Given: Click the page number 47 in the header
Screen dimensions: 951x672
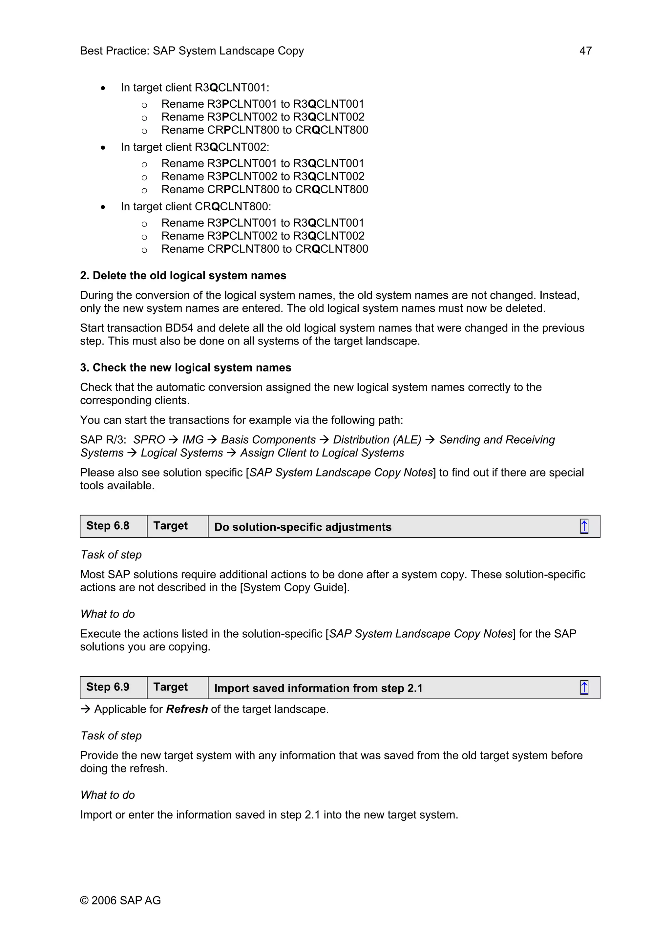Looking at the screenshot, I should pyautogui.click(x=585, y=51).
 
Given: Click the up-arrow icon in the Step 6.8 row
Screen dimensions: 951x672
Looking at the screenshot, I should pyautogui.click(x=584, y=526).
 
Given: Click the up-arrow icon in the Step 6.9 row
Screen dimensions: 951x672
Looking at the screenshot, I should pyautogui.click(x=584, y=687).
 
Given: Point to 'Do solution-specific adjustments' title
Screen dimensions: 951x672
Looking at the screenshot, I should pyautogui.click(x=303, y=527).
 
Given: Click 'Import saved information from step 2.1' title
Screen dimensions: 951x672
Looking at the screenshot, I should pyautogui.click(x=318, y=688).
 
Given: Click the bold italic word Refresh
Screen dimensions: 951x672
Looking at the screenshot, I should pyautogui.click(x=187, y=709).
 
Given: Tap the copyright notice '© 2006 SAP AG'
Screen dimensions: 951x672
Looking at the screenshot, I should pyautogui.click(x=120, y=900).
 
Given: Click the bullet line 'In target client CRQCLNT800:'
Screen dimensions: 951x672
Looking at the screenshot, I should pyautogui.click(x=196, y=206).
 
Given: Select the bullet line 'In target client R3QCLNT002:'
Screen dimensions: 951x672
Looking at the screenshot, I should pyautogui.click(x=195, y=147).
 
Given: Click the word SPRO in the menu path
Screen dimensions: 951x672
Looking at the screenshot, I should pyautogui.click(x=149, y=440).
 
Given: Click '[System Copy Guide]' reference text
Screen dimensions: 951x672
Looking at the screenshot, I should pyautogui.click(x=294, y=587).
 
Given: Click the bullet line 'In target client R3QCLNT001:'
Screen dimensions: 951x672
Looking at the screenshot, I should pyautogui.click(x=195, y=88).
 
